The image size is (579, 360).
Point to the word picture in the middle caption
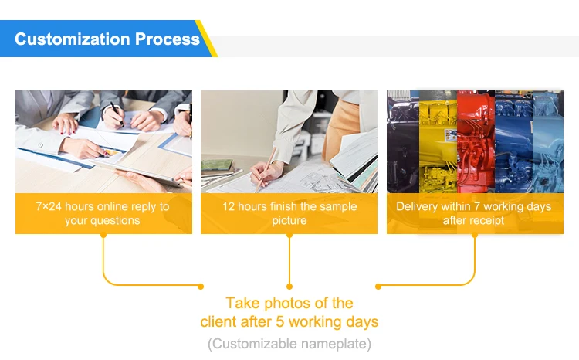pos(289,221)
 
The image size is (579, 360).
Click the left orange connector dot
pos(201,286)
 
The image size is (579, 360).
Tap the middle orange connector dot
pos(289,286)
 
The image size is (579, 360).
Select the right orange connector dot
pos(378,286)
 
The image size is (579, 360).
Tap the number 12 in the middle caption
pos(229,206)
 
